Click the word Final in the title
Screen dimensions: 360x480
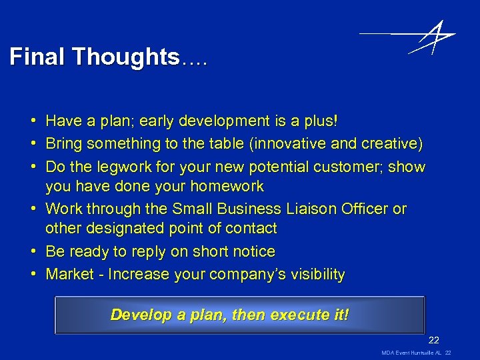click(38, 57)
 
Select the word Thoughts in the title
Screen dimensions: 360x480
click(126, 57)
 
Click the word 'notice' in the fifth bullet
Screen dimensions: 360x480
click(251, 252)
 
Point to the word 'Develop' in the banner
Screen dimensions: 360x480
click(139, 315)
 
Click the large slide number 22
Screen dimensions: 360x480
click(434, 339)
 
